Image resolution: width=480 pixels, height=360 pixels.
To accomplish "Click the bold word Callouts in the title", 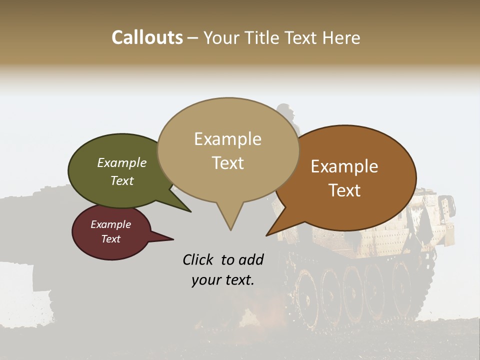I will [147, 37].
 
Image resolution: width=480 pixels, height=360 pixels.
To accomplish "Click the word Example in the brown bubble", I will [344, 166].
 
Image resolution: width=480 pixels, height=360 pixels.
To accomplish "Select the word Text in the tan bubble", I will [228, 163].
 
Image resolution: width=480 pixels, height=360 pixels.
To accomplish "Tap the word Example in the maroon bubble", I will [110, 224].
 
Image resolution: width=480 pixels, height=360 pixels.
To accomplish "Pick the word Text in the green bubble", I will [122, 180].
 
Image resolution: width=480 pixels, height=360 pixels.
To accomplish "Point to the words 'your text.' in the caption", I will [223, 280].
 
